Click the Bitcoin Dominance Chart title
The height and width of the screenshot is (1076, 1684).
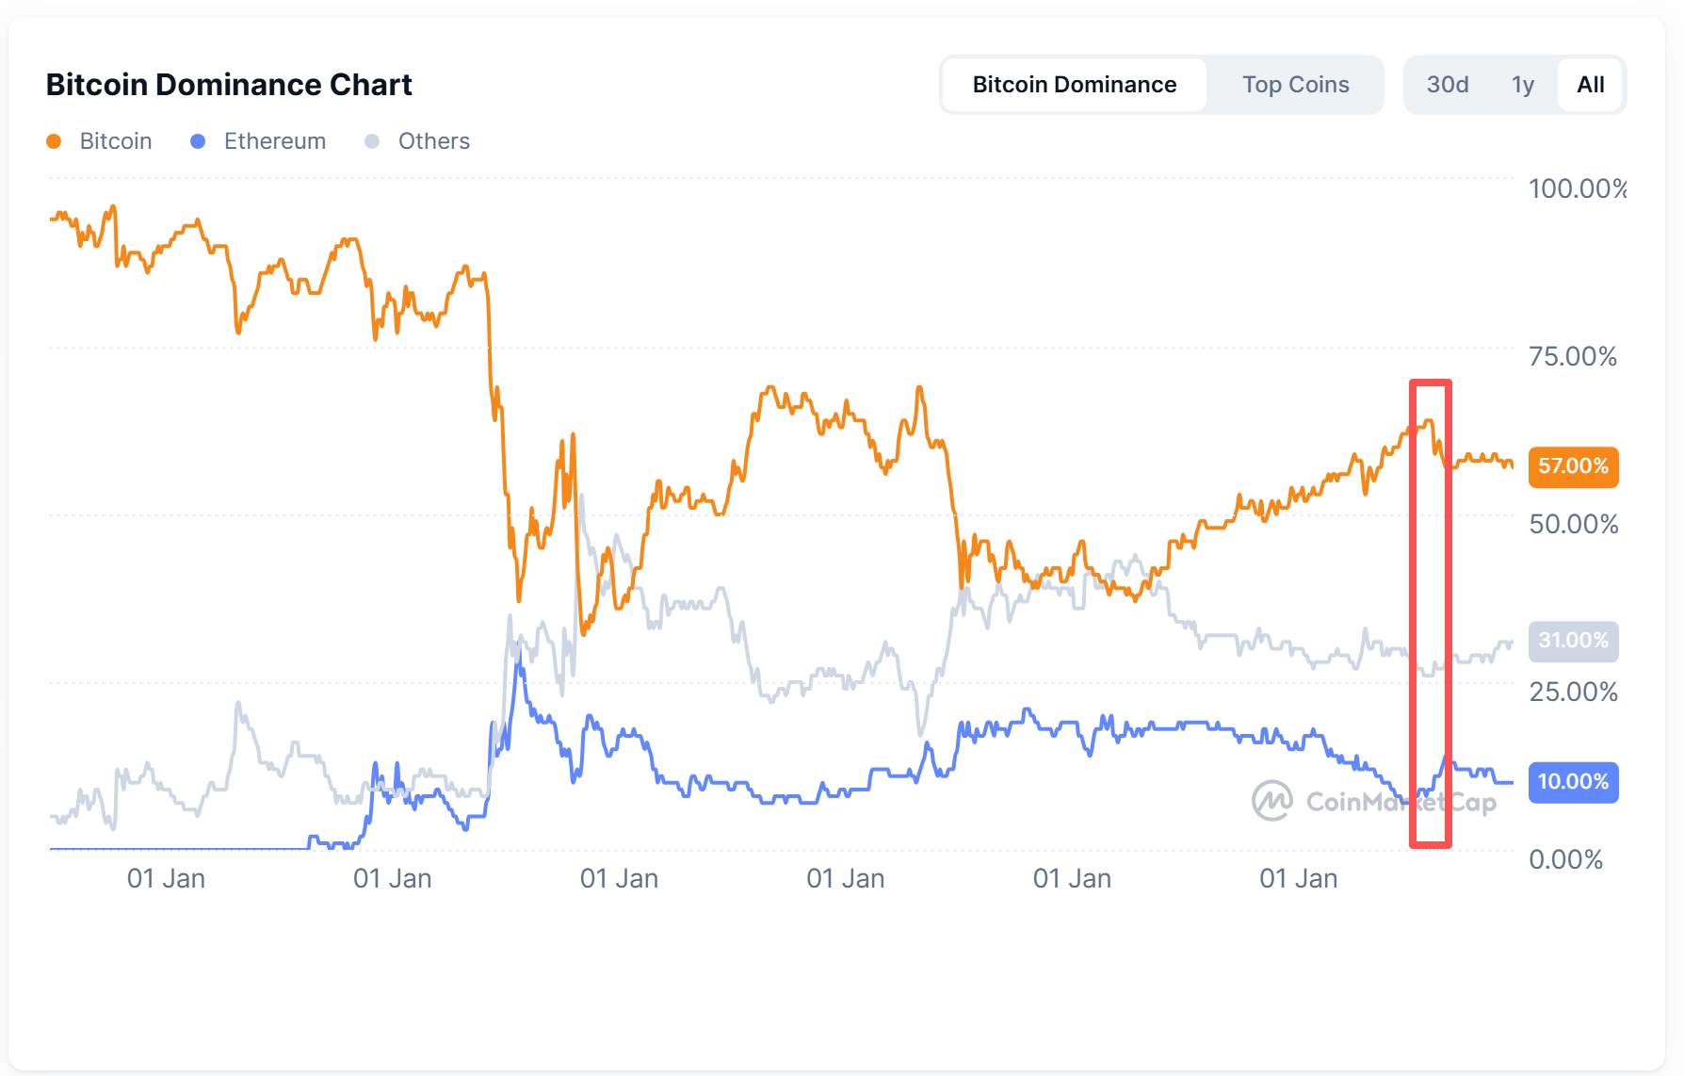click(x=229, y=85)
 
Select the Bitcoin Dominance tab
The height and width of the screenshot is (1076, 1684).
click(x=1074, y=85)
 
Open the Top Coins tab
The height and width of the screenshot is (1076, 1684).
click(x=1295, y=85)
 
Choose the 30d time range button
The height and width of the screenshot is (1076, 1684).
click(x=1448, y=85)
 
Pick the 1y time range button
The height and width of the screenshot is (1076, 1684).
click(x=1523, y=85)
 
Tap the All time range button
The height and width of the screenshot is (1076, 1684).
click(x=1591, y=85)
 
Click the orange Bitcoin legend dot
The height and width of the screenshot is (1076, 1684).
click(x=54, y=141)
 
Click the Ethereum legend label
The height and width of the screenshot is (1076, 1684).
click(x=275, y=141)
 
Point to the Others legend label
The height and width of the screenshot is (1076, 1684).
click(x=433, y=141)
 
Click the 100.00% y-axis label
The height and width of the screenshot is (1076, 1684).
click(x=1577, y=188)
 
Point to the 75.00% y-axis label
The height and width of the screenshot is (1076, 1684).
click(x=1573, y=356)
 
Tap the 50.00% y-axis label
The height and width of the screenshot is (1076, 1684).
click(x=1573, y=524)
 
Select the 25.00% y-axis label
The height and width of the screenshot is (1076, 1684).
click(x=1573, y=692)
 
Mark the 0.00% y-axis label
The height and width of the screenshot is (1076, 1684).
click(x=1565, y=859)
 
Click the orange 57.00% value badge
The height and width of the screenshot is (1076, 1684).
click(x=1573, y=466)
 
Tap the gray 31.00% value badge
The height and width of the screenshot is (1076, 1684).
click(x=1573, y=641)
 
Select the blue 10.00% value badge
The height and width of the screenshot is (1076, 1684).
click(x=1573, y=782)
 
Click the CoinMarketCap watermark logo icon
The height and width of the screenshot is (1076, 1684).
click(x=1271, y=801)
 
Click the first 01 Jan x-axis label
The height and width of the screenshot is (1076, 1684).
click(x=166, y=879)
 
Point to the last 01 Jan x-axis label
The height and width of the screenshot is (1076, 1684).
click(x=1298, y=879)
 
